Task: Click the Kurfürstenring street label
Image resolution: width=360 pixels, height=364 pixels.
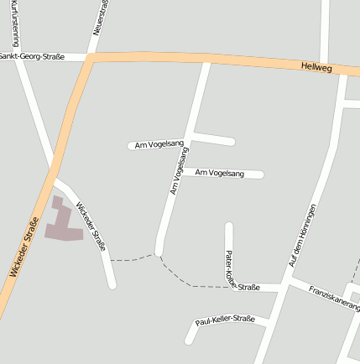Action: pos(16,23)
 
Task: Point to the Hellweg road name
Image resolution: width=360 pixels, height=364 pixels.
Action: pos(316,66)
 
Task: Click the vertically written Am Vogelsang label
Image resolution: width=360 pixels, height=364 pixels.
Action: pos(177,170)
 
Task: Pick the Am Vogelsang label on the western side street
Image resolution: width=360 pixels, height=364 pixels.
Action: pos(159,144)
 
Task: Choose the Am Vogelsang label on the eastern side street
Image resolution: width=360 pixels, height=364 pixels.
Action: pos(219,173)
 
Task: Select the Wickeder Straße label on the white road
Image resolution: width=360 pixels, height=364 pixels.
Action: pos(91,226)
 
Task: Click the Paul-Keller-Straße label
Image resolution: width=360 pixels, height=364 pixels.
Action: pos(224,320)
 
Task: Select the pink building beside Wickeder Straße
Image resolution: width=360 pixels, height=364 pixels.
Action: pos(64,221)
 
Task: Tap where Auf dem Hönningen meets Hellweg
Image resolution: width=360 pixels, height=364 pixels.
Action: pos(343,74)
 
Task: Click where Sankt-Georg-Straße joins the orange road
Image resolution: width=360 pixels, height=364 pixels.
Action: pos(89,57)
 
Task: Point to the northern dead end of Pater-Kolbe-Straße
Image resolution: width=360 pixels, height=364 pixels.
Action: pos(228,225)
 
